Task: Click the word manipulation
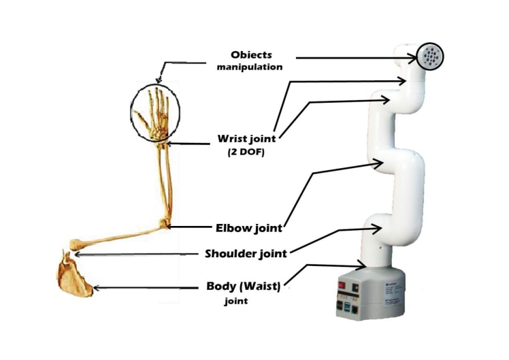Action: click(249, 67)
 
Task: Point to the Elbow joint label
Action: click(244, 228)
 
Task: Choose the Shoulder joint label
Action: click(246, 254)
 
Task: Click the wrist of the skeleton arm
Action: click(161, 140)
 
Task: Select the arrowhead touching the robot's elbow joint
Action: click(383, 164)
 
